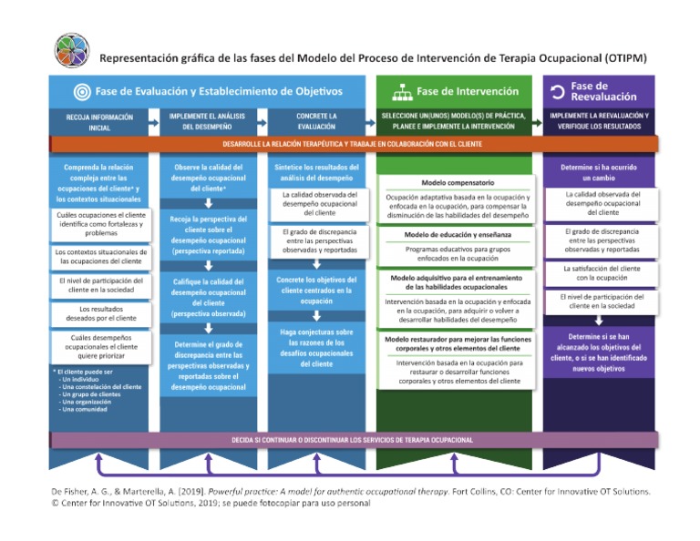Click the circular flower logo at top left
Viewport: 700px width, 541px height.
[x=72, y=52]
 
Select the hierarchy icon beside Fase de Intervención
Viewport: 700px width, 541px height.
[x=402, y=92]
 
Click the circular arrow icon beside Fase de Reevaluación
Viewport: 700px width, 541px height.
[x=555, y=92]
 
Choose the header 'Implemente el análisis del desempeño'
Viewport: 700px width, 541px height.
[x=209, y=122]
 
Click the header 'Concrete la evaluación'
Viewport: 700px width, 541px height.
[x=317, y=122]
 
